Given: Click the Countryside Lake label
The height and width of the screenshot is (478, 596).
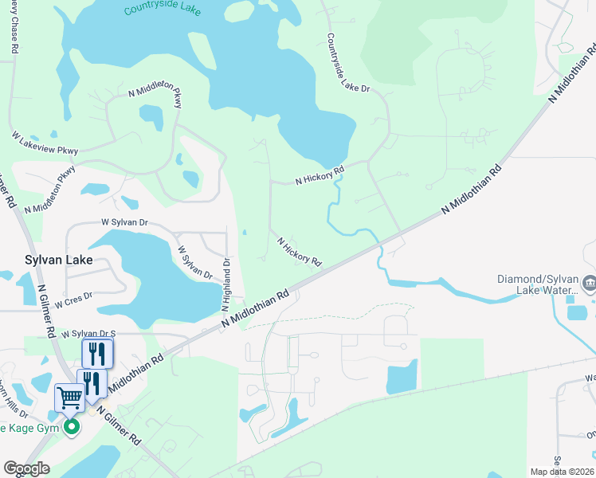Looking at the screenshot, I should [x=163, y=11].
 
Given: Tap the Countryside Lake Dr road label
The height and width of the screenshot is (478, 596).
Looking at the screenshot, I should [x=348, y=64].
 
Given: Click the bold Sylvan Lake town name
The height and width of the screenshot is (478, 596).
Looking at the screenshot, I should [x=58, y=261].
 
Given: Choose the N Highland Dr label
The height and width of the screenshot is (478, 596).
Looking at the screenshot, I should [x=227, y=284].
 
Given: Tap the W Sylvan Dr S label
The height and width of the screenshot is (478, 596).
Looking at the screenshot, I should [x=88, y=334].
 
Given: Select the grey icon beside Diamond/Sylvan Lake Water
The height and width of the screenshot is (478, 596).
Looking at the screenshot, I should [x=590, y=283].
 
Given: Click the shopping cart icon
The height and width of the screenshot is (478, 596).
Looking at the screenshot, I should [x=69, y=396].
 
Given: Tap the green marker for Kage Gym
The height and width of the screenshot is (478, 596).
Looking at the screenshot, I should [x=72, y=428].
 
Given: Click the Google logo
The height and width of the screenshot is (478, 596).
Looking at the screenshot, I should [x=26, y=468].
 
